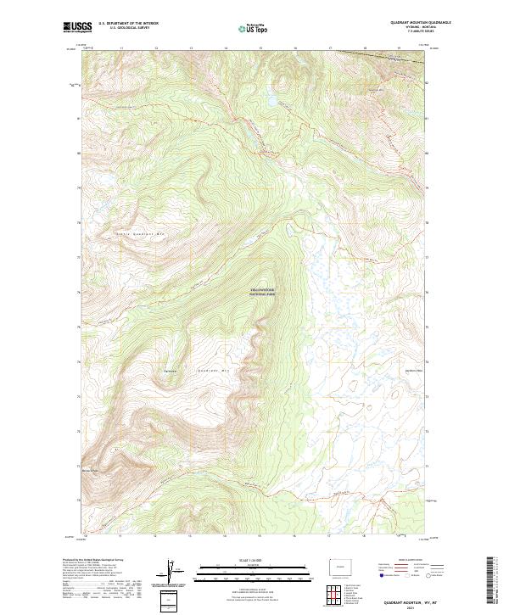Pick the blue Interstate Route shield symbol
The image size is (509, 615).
click(x=379, y=575)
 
